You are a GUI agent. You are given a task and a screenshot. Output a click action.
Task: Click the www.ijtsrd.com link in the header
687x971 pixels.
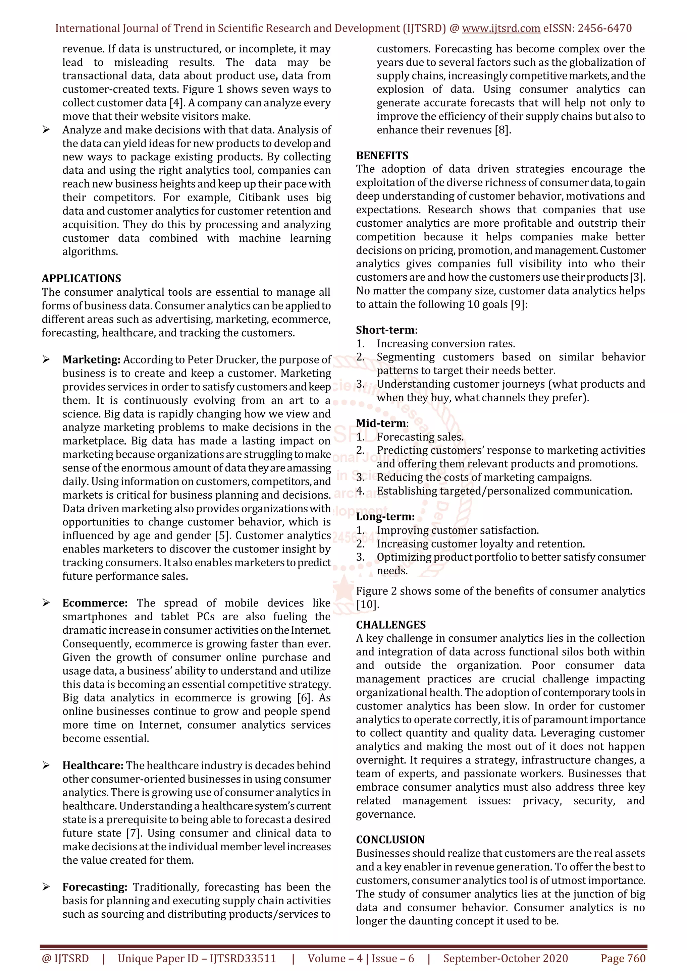501,28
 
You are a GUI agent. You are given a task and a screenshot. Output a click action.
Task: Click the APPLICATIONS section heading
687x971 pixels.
81,278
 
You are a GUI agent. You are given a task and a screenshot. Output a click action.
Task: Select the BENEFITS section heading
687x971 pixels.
382,156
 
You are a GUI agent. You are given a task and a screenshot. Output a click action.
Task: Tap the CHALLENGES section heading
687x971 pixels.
390,625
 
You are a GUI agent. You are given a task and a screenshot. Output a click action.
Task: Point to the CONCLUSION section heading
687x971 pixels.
390,840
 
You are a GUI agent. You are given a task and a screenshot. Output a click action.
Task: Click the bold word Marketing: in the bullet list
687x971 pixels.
91,359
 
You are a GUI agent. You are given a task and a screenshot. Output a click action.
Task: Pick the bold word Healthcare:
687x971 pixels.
93,765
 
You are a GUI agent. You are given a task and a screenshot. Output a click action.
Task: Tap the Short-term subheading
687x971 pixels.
385,330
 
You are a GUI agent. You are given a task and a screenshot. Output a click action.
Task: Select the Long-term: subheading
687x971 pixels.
385,516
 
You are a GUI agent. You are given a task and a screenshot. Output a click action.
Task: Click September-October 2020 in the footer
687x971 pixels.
505,958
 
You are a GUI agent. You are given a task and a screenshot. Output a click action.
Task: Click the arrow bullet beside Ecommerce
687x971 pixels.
46,603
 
